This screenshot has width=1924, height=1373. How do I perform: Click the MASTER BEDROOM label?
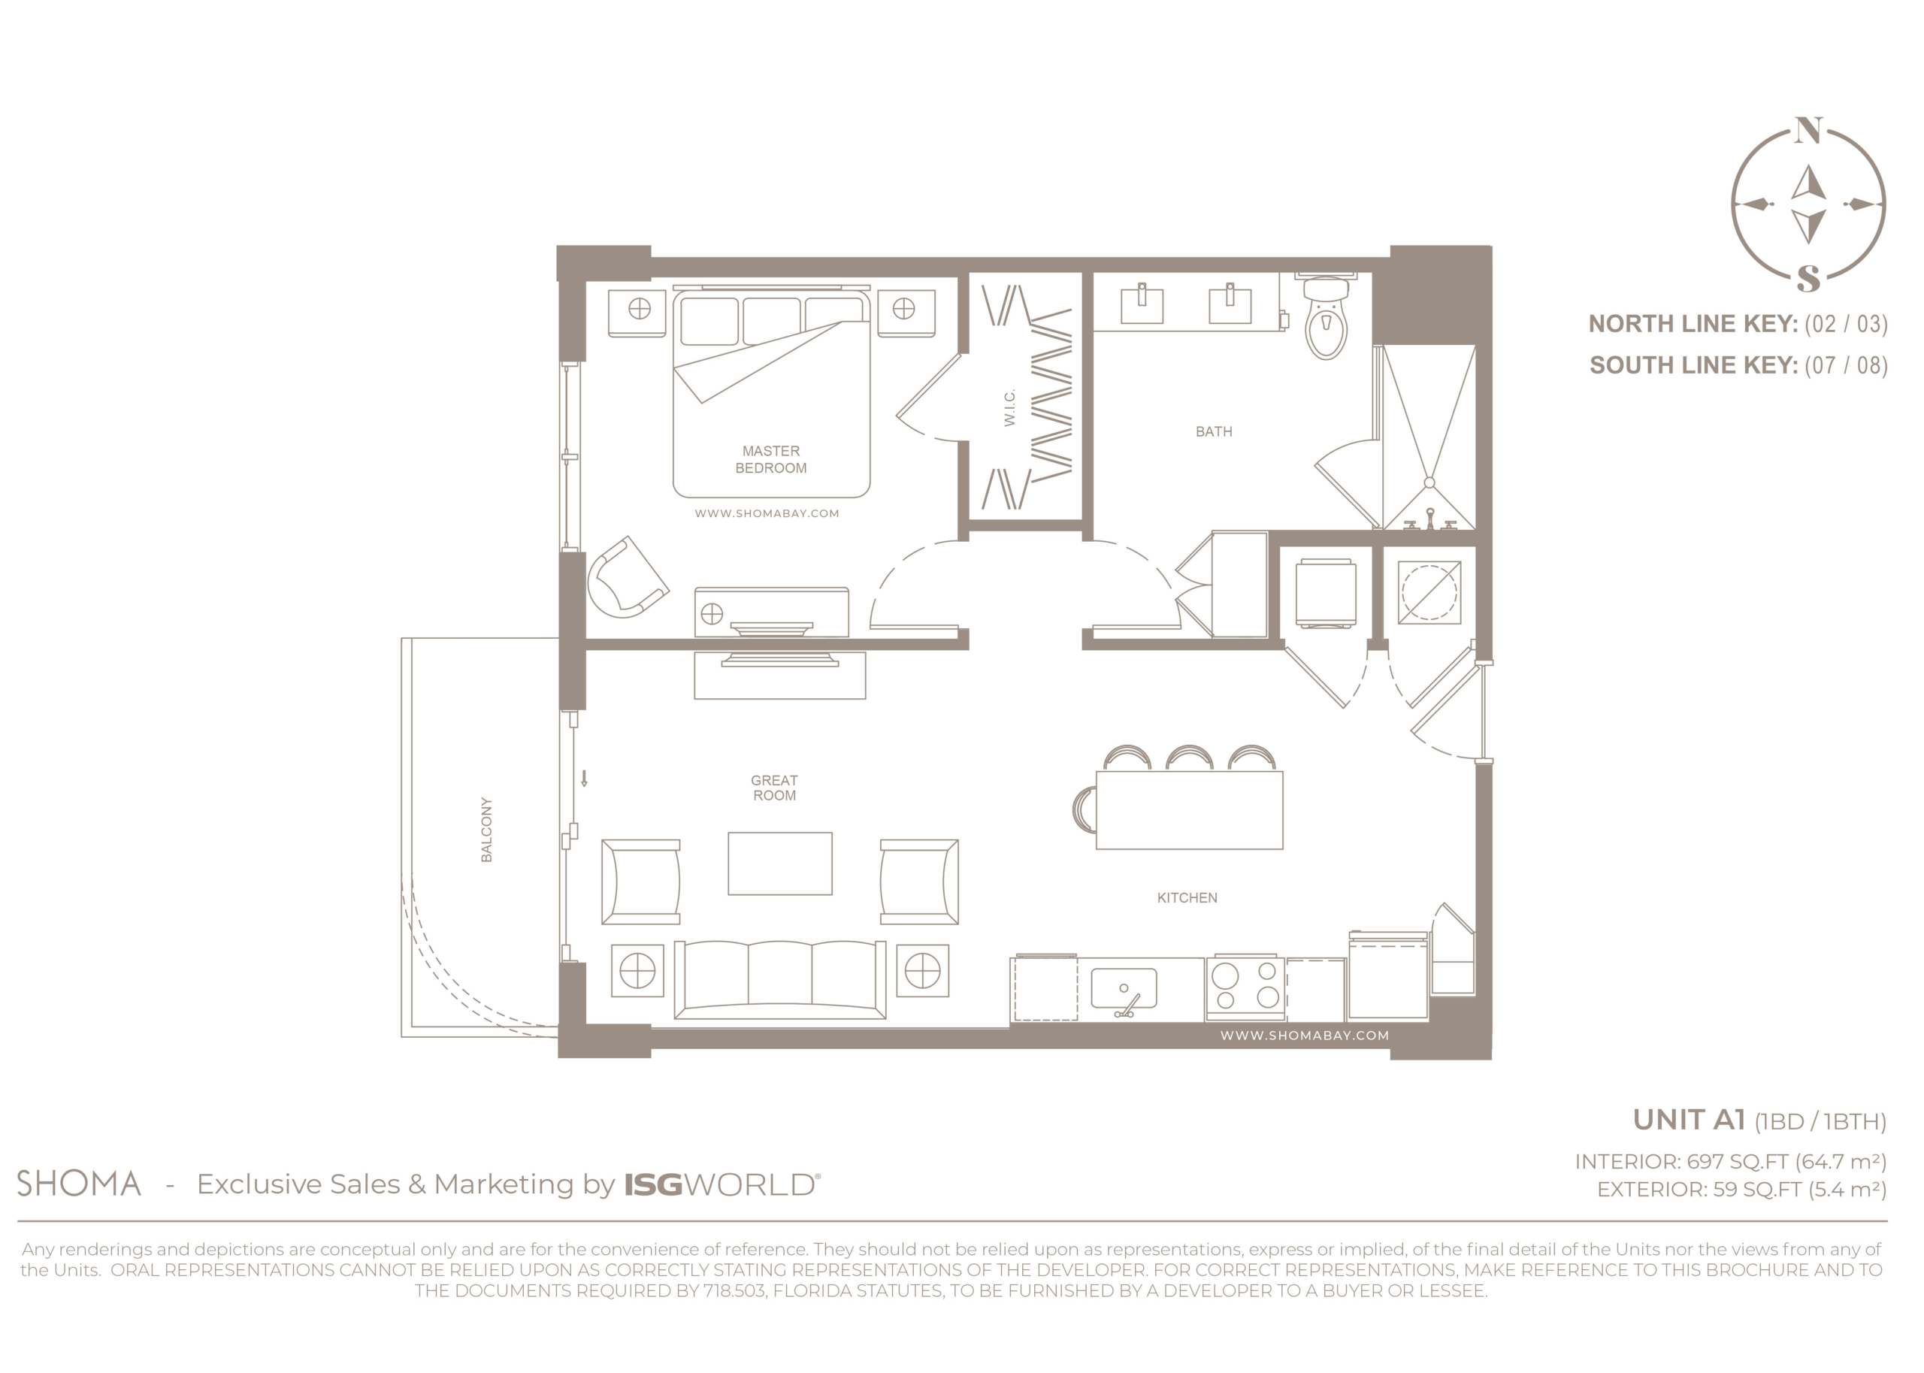point(770,459)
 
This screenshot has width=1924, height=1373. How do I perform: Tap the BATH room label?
point(1213,431)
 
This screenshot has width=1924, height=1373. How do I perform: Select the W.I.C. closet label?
point(1009,407)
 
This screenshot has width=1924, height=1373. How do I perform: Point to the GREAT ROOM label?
point(773,787)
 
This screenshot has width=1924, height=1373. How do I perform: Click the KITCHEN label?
point(1187,898)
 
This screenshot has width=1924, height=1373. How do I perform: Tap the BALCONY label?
point(486,830)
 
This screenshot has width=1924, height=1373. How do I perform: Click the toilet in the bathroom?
point(1326,316)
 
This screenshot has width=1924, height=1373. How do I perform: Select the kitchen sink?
point(1124,988)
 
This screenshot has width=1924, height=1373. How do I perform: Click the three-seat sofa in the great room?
point(779,979)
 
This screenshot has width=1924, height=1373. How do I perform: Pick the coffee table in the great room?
point(779,863)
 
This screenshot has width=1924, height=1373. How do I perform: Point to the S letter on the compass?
point(1808,278)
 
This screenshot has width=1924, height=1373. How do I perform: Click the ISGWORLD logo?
point(721,1184)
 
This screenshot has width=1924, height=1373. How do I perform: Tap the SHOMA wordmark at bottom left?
point(79,1184)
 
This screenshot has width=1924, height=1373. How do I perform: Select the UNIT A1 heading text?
point(1688,1120)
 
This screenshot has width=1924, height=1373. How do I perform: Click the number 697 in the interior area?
point(1705,1162)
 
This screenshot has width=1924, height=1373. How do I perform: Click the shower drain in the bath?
point(1429,482)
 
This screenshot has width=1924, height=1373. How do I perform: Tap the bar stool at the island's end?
point(1084,809)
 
